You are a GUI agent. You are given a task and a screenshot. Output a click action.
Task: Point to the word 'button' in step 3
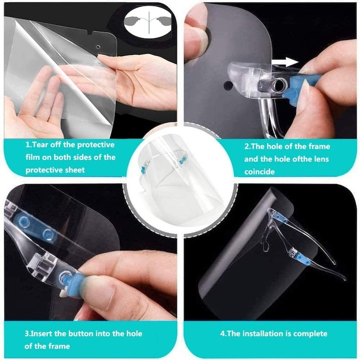coord(83,333)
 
